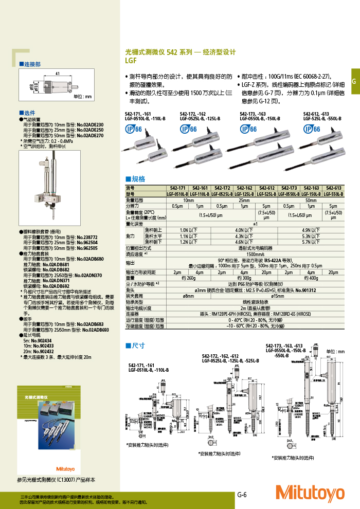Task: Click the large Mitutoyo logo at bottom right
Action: click(310, 493)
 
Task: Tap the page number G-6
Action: click(242, 495)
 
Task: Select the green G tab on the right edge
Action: click(354, 82)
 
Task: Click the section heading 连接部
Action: click(31, 65)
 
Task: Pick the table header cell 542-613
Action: click(333, 188)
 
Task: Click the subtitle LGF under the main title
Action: click(131, 60)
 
